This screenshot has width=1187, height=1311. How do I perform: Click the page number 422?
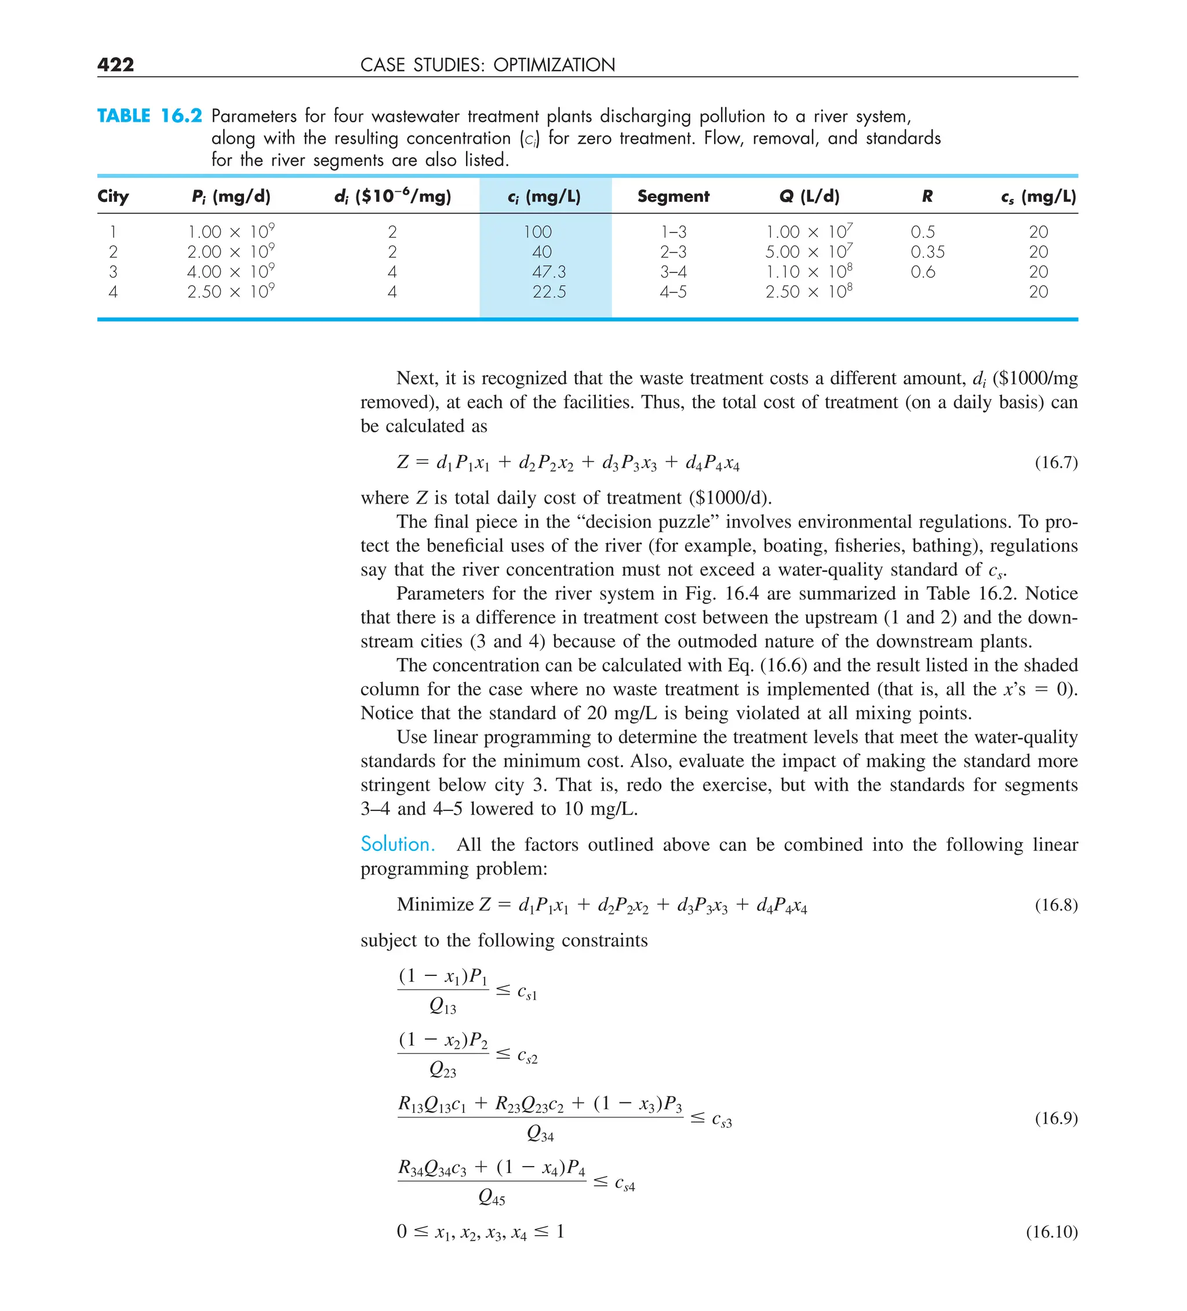click(116, 64)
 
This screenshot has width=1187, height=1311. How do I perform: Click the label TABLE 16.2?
click(150, 116)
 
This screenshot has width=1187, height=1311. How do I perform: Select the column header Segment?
click(673, 196)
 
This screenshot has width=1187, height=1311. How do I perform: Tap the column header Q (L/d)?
click(809, 196)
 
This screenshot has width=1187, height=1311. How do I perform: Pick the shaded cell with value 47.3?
click(549, 272)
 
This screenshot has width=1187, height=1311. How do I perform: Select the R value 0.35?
click(927, 252)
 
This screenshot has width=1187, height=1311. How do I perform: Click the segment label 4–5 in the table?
click(673, 292)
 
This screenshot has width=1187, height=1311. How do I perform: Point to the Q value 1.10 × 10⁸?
click(809, 271)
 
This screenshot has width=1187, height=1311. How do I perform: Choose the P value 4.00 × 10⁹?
click(231, 271)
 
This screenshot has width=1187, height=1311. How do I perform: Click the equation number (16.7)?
click(1055, 463)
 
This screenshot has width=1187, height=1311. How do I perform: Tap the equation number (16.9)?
click(1055, 1118)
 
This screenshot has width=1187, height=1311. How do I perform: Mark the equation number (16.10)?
click(1052, 1232)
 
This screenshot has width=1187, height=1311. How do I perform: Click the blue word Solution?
click(398, 844)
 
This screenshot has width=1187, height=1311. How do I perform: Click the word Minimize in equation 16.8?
click(435, 905)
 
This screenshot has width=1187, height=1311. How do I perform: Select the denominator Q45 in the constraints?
click(491, 1197)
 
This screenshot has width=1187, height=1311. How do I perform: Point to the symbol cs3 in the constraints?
click(722, 1120)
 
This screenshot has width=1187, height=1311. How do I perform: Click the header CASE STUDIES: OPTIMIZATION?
click(487, 65)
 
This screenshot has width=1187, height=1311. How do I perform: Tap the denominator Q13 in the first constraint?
click(443, 1007)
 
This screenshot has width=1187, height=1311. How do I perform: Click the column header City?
click(113, 196)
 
